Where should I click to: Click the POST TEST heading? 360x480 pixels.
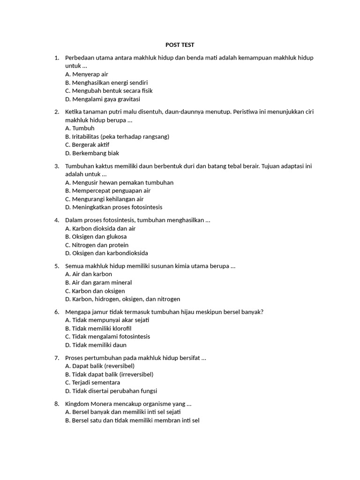click(x=180, y=45)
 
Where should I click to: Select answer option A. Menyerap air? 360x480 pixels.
click(x=87, y=74)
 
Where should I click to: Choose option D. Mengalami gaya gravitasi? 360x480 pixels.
click(x=103, y=99)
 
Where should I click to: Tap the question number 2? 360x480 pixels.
click(x=57, y=112)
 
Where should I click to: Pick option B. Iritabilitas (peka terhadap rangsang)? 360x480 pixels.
click(x=117, y=136)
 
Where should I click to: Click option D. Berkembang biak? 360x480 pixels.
click(x=92, y=153)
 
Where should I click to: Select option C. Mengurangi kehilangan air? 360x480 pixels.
click(x=105, y=199)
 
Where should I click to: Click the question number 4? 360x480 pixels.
click(x=57, y=220)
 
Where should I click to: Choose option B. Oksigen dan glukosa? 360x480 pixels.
click(x=96, y=237)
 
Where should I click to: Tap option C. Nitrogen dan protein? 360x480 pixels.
click(x=97, y=245)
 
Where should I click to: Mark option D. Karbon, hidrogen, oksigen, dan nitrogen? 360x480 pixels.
click(x=123, y=299)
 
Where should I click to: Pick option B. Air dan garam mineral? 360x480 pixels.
click(x=98, y=283)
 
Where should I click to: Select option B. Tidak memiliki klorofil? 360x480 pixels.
click(x=98, y=329)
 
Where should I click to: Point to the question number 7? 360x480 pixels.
click(x=57, y=358)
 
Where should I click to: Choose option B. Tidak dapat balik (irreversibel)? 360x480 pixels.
click(x=109, y=375)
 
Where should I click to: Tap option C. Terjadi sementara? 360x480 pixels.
click(x=93, y=382)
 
